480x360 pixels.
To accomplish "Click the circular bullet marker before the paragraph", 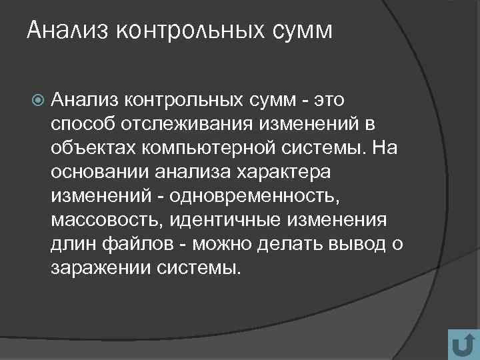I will pyautogui.click(x=37, y=101).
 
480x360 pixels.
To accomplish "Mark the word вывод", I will pyautogui.click(x=356, y=244).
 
